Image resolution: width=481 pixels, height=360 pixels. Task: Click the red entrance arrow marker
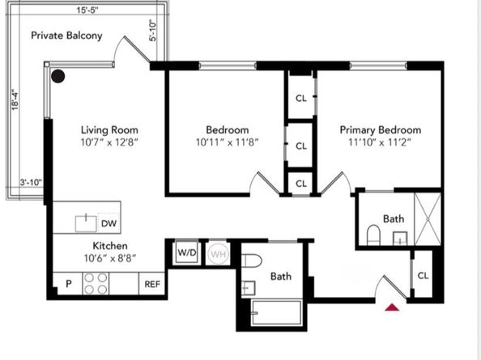click(x=393, y=307)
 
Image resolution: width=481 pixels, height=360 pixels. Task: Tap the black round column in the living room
click(x=57, y=77)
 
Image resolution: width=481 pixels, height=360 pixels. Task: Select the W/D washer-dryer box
click(x=186, y=253)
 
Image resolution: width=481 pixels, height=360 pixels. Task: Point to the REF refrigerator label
click(x=151, y=284)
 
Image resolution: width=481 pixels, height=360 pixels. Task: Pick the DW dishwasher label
click(x=109, y=222)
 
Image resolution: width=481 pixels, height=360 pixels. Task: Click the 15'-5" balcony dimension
click(x=85, y=9)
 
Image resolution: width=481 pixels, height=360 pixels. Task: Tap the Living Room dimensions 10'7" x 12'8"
click(x=109, y=143)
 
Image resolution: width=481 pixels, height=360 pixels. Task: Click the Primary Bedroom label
click(x=380, y=129)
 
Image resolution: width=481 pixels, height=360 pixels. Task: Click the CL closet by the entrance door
click(x=423, y=275)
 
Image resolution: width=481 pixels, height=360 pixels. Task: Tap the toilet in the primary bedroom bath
click(x=373, y=236)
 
